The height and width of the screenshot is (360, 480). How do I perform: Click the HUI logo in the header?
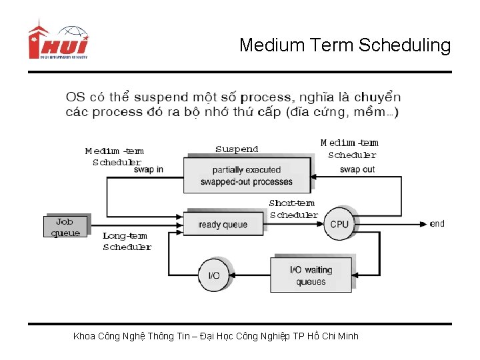(58, 41)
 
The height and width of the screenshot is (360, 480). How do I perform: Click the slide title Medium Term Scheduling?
(345, 45)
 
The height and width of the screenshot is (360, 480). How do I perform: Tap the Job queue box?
(65, 227)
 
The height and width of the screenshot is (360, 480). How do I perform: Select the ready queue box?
(223, 224)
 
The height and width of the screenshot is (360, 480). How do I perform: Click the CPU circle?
(339, 224)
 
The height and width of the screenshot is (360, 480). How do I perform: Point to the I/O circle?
(214, 275)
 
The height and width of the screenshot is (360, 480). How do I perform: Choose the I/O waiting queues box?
(311, 275)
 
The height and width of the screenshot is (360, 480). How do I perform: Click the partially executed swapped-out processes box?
(247, 175)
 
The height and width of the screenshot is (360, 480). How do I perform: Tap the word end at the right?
(437, 223)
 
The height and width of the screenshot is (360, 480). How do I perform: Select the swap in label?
(148, 169)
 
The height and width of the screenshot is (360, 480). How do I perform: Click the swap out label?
(357, 169)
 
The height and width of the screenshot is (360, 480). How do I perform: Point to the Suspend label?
(237, 149)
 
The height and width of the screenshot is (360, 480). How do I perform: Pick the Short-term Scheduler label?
(293, 209)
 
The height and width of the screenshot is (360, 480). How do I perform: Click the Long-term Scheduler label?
(127, 241)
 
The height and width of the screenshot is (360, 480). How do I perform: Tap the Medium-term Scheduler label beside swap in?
(115, 156)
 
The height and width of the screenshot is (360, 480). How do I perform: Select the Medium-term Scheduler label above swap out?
(350, 149)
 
